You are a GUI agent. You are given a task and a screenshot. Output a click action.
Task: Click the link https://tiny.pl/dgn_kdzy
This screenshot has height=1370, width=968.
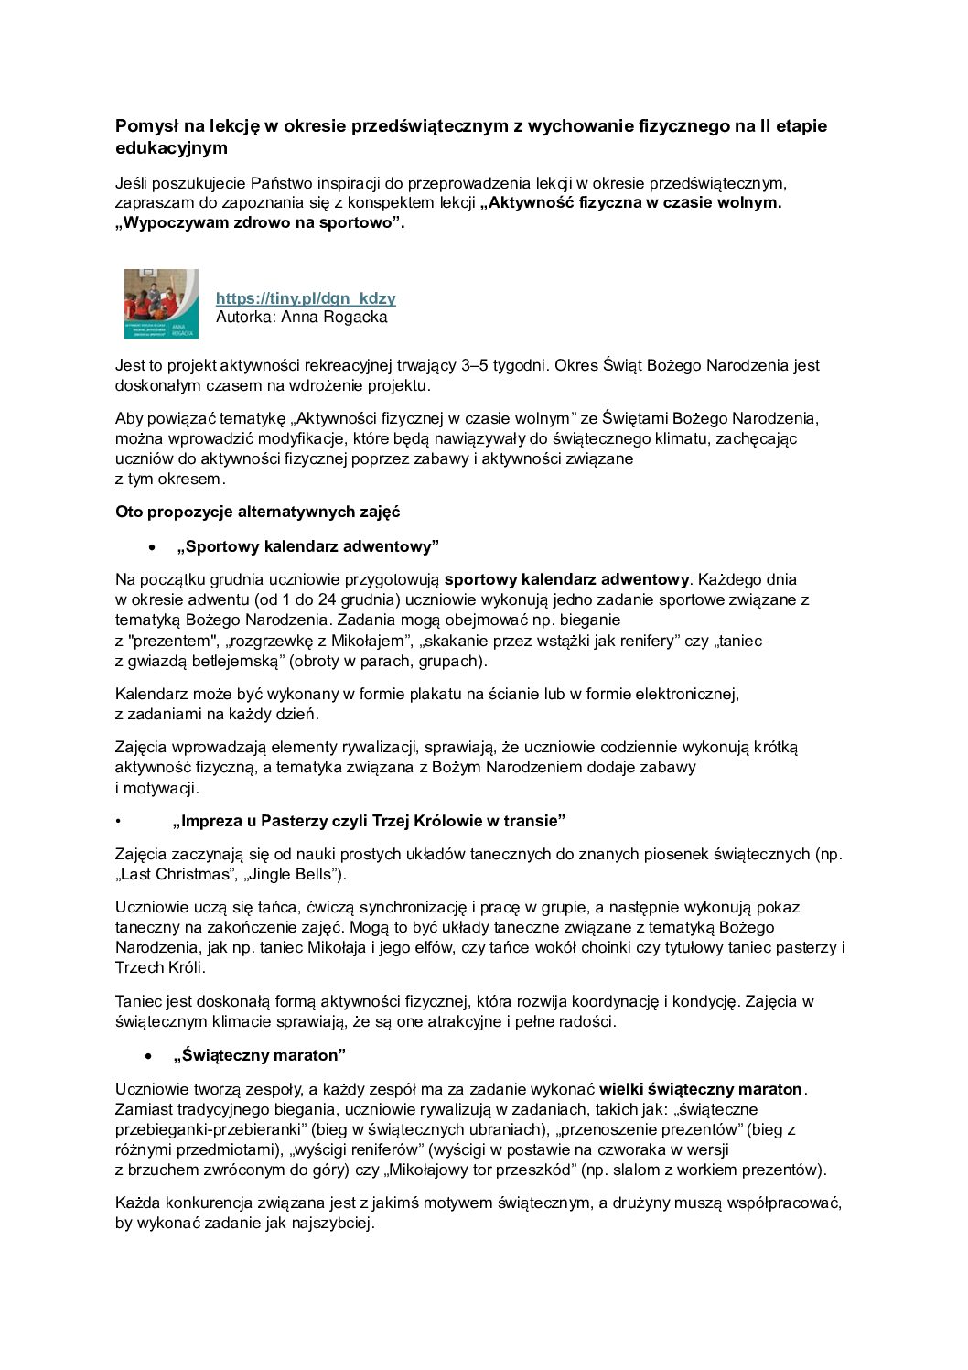(x=306, y=298)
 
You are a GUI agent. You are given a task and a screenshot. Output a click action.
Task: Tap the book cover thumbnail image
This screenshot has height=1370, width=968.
(x=161, y=304)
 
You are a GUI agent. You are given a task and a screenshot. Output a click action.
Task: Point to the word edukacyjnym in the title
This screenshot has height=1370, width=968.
(x=171, y=148)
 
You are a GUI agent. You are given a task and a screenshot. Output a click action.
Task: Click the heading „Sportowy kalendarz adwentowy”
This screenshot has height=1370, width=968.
(x=308, y=546)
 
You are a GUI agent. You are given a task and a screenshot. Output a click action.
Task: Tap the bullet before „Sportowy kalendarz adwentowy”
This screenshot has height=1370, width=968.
(x=152, y=547)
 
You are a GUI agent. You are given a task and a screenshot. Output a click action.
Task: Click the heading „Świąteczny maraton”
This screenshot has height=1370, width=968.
(x=260, y=1055)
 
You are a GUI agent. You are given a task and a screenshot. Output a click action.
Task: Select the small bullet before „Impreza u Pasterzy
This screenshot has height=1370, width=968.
(x=118, y=821)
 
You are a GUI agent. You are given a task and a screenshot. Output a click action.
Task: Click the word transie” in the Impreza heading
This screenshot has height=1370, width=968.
(x=534, y=820)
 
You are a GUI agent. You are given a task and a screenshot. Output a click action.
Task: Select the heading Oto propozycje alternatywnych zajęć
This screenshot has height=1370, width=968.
(x=257, y=512)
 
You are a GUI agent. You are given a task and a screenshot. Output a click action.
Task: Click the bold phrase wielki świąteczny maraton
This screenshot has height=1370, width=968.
(x=701, y=1089)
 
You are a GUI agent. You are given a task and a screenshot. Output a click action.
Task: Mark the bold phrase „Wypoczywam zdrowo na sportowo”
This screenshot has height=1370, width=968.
(x=260, y=222)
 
